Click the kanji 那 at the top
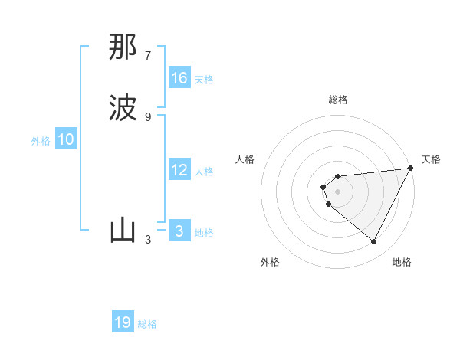point(123,47)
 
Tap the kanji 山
point(123,231)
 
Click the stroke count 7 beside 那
point(148,56)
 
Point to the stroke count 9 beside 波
point(148,116)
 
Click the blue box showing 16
point(179,78)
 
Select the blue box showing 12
point(179,170)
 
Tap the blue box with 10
point(66,139)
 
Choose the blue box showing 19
point(123,322)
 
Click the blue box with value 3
point(179,231)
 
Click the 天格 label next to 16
point(204,80)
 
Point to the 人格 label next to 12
point(204,172)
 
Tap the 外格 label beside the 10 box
point(41,141)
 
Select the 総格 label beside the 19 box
point(147,324)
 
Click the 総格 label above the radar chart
point(338,100)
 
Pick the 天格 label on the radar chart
point(431,159)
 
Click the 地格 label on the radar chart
point(402,262)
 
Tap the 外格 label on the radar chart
point(270,262)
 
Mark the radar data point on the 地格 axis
point(374,241)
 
